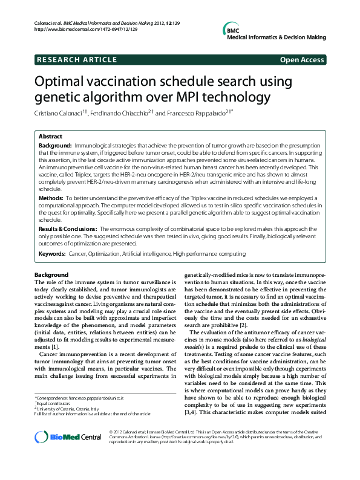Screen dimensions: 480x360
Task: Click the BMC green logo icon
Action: (x=233, y=30)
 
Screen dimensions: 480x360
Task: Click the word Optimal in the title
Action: (x=62, y=82)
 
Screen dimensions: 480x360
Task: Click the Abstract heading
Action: (x=51, y=137)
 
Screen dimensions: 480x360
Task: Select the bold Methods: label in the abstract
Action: (x=51, y=198)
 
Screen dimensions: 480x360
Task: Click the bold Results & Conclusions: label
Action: (x=59, y=229)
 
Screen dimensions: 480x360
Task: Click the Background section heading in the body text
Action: (x=52, y=275)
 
